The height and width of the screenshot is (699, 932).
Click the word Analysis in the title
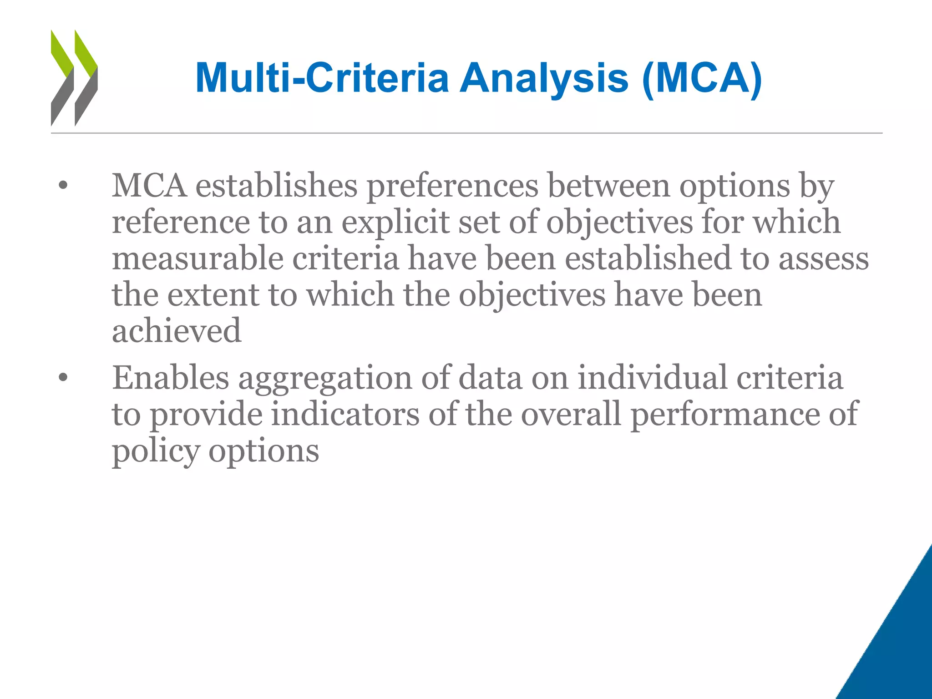(x=544, y=78)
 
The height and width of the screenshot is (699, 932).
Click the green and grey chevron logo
(x=74, y=78)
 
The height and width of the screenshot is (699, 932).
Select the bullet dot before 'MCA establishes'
(x=63, y=186)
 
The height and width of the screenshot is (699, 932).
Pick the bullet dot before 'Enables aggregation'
(x=63, y=378)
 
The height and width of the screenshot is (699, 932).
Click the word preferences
(x=452, y=187)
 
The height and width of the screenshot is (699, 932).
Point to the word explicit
(x=395, y=223)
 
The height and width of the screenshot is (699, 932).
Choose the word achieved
(x=177, y=331)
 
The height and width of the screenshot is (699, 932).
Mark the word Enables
(x=171, y=378)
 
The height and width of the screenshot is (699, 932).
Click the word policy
(x=156, y=451)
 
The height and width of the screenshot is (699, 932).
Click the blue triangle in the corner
(x=899, y=646)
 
